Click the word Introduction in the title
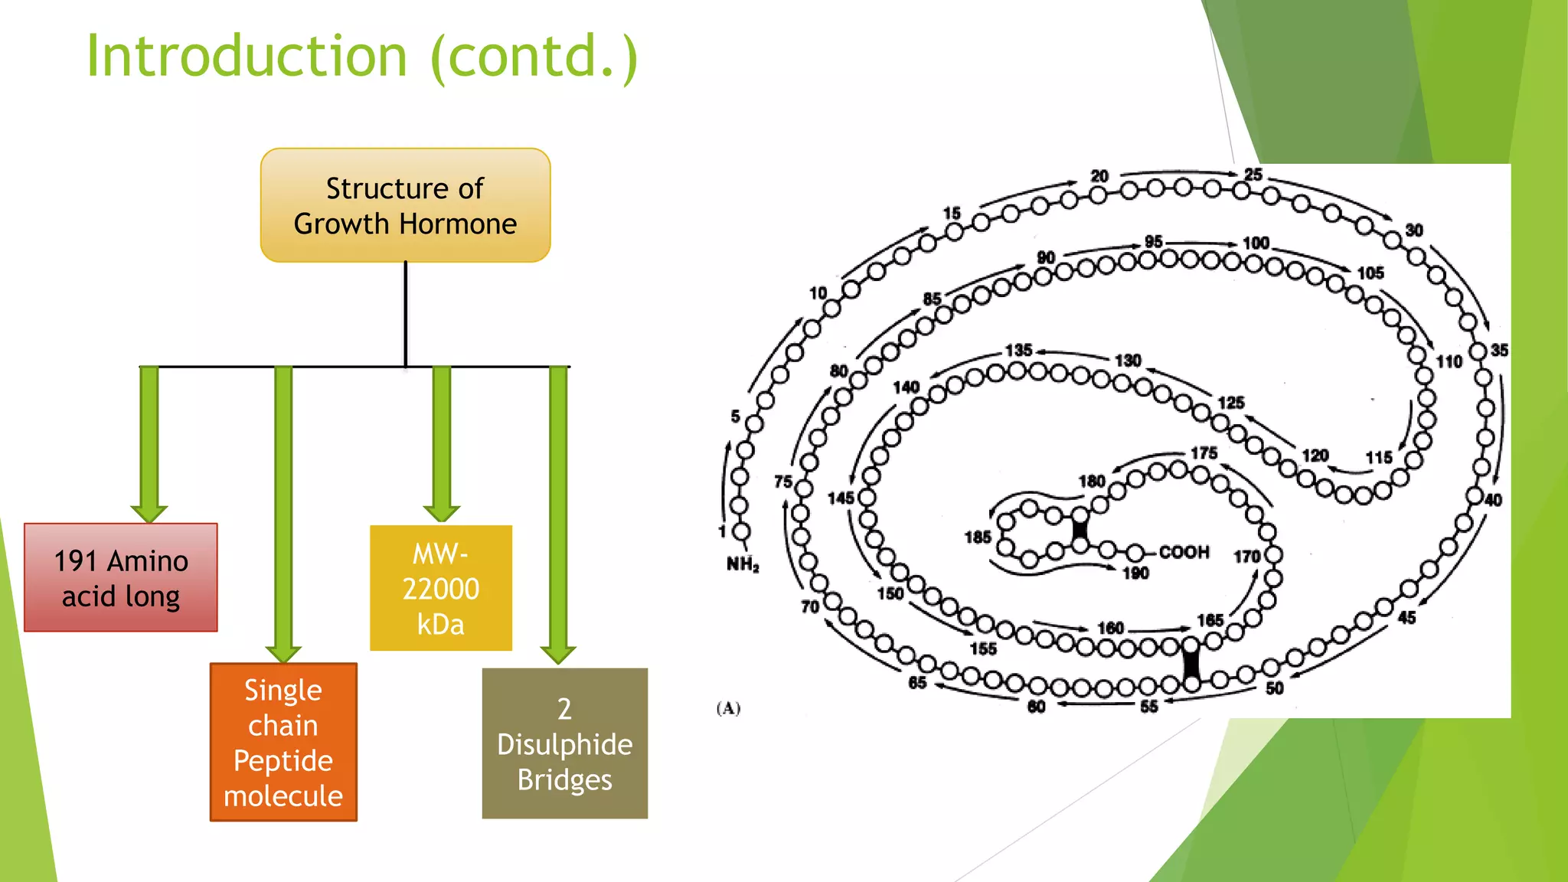[x=247, y=57]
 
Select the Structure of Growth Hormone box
[x=405, y=205]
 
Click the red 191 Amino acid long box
[x=121, y=578]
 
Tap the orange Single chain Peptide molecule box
[x=283, y=742]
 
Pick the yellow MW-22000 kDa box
[x=441, y=588]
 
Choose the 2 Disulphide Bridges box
[x=565, y=743]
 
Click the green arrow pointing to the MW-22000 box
[x=442, y=444]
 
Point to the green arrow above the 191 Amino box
[x=149, y=444]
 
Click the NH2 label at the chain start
[x=743, y=565]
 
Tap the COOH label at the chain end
[x=1184, y=552]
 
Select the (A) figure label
[x=728, y=708]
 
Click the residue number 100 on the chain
[x=1256, y=243]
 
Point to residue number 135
[x=1019, y=350]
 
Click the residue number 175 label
[x=1204, y=452]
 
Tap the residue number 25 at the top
[x=1253, y=175]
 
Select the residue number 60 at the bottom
[x=1037, y=707]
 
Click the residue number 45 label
[x=1407, y=618]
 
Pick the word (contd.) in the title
[x=534, y=57]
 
